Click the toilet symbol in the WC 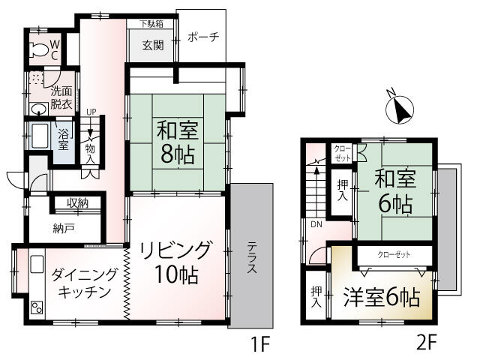pos(38,49)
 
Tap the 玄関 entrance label pos(153,46)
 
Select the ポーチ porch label pos(203,37)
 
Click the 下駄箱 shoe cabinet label pos(151,24)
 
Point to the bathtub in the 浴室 pos(40,135)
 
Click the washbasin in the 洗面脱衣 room pos(39,109)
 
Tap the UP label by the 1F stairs pos(91,112)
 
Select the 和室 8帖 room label pos(177,142)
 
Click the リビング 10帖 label pos(176,262)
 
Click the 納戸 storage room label pos(63,229)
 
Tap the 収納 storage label pos(77,203)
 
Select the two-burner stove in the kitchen pos(37,307)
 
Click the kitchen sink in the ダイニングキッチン pos(37,264)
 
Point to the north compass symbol pos(400,108)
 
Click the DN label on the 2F pos(316,224)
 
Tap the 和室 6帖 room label pos(395,191)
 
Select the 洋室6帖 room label pos(382,297)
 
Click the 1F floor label pos(260,343)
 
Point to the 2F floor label pos(426,343)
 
